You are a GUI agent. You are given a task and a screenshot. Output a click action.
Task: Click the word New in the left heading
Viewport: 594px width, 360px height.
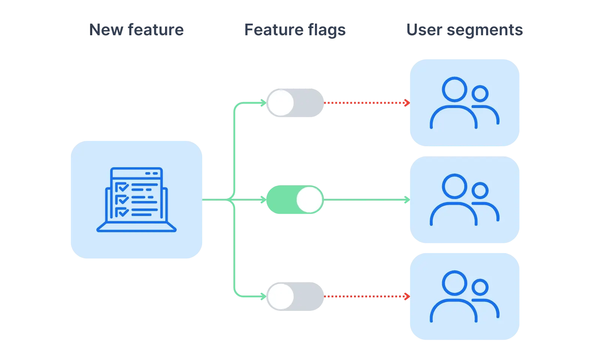(x=106, y=30)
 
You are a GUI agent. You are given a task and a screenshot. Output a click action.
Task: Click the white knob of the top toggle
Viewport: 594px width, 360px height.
(x=280, y=103)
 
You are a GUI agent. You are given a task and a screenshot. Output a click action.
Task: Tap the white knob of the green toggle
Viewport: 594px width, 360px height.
(x=309, y=200)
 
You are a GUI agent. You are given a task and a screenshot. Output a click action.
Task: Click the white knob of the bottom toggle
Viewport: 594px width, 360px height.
(x=280, y=297)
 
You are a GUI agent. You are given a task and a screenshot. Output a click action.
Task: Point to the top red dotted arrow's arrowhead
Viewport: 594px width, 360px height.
(x=407, y=103)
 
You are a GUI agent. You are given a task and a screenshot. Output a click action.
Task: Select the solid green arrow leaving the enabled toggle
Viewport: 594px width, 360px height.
(x=366, y=200)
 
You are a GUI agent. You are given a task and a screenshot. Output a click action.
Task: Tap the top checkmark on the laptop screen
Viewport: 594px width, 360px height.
(x=122, y=187)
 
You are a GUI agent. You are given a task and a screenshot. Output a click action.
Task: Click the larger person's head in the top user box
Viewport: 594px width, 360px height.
(x=454, y=89)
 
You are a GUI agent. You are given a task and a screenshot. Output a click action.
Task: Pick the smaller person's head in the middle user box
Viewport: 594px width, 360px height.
(x=480, y=190)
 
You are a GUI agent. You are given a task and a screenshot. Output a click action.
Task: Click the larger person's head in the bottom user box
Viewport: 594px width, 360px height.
(x=454, y=283)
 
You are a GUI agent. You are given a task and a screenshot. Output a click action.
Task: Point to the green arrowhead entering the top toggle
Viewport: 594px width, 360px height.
(x=264, y=103)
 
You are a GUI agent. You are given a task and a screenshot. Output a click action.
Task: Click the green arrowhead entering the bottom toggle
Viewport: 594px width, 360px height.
(x=264, y=297)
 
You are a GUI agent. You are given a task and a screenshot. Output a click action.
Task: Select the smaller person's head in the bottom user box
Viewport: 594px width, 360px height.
(x=480, y=288)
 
